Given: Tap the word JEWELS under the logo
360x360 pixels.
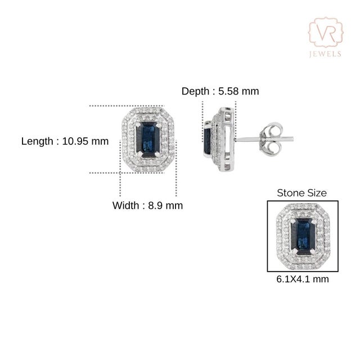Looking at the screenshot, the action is (x=325, y=54).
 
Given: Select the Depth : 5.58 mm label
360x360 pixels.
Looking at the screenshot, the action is (x=220, y=91).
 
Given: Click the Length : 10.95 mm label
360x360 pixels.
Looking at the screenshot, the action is (x=65, y=141).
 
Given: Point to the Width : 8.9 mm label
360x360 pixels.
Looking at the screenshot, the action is (x=147, y=205).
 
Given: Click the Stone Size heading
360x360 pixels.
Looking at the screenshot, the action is (x=302, y=193).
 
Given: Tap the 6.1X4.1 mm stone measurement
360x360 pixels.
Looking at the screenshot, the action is (x=303, y=279).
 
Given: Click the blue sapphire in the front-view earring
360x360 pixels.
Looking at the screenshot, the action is (x=148, y=139).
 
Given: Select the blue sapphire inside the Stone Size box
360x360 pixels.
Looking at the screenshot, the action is (x=303, y=236).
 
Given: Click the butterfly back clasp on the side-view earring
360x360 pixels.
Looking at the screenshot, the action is (x=271, y=138).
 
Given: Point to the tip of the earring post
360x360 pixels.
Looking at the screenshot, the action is (x=293, y=138).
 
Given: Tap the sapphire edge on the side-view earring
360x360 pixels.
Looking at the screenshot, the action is (x=207, y=140).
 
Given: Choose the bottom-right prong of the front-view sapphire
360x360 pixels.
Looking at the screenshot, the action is (x=157, y=155).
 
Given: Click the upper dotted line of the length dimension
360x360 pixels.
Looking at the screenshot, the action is (x=127, y=106).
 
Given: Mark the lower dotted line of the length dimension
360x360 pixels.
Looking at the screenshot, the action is (x=127, y=173).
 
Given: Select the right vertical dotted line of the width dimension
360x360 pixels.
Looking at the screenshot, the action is (x=176, y=168).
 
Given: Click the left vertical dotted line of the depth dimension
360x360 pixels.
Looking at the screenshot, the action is (x=202, y=121).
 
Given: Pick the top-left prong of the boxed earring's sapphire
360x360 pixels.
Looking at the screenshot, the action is (x=293, y=221).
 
